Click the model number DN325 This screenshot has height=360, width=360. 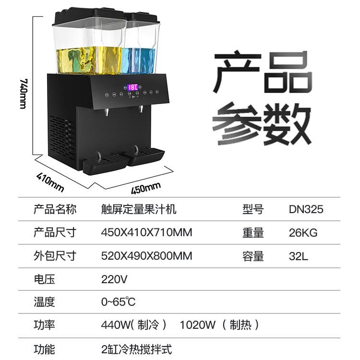306,209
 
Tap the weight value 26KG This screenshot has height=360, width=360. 303,233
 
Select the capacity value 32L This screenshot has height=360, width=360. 298,256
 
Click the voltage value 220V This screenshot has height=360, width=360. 114,279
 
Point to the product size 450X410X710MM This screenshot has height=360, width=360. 146,233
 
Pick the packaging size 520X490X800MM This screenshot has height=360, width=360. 146,256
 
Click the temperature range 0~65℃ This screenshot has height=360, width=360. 118,302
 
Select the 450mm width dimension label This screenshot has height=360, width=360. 146,188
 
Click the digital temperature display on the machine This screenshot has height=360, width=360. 133,88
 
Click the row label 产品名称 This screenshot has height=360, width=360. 55,209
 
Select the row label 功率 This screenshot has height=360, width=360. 44,325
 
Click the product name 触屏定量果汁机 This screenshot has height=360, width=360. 138,209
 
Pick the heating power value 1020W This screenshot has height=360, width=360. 198,325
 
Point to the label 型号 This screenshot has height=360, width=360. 253,209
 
